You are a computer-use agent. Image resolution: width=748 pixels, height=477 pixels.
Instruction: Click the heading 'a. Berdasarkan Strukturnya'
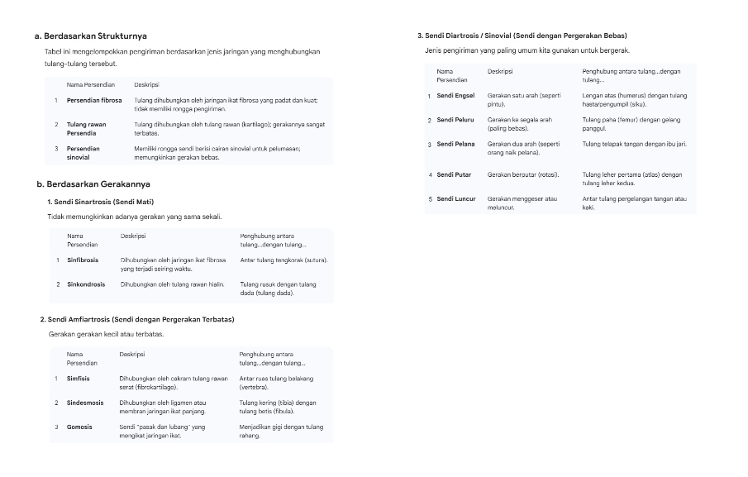[x=91, y=36]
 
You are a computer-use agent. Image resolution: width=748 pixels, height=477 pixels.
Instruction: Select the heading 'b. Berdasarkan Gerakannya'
[x=93, y=184]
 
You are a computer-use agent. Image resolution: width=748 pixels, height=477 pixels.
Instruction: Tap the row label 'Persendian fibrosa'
[x=94, y=101]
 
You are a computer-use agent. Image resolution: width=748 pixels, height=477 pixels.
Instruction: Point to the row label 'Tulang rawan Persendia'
[x=86, y=129]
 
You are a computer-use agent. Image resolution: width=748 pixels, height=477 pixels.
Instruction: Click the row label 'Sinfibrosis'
[x=83, y=260]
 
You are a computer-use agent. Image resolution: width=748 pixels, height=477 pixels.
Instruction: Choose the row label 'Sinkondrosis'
[x=86, y=284]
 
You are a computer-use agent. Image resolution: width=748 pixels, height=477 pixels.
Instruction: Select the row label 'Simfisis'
[x=79, y=379]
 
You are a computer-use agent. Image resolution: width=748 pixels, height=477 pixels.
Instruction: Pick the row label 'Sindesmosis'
[x=85, y=403]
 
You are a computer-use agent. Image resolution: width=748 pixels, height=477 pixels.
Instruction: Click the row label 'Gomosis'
[x=79, y=427]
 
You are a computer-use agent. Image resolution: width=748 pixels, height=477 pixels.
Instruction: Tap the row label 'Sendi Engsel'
[x=455, y=96]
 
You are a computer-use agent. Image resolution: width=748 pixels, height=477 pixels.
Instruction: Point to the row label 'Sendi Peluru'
[x=455, y=120]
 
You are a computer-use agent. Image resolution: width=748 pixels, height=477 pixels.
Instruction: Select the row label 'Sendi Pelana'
[x=455, y=144]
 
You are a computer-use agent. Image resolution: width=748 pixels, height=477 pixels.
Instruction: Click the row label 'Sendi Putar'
[x=454, y=174]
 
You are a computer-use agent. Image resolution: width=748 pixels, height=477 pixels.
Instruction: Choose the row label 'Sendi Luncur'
[x=456, y=198]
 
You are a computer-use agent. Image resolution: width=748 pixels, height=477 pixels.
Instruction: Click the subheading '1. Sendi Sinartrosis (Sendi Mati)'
[x=101, y=202]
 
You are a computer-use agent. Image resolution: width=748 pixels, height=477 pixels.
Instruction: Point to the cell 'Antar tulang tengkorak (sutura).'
[x=283, y=260]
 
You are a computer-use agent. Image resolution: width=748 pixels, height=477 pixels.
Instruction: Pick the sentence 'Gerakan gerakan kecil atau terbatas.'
[x=107, y=334]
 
